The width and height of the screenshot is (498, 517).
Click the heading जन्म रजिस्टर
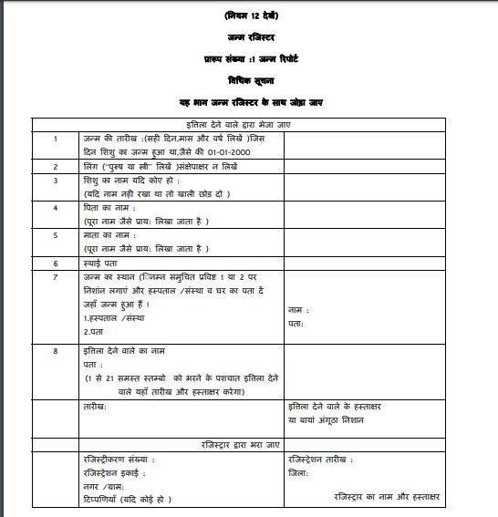pos(249,36)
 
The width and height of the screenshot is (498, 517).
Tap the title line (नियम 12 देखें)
pos(249,16)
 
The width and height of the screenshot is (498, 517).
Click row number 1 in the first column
pos(56,138)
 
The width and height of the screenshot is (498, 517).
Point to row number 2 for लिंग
pos(56,167)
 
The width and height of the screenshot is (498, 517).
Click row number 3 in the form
pos(56,181)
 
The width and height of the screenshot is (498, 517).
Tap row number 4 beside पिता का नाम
pos(56,208)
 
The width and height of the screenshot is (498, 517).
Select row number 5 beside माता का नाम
pos(56,234)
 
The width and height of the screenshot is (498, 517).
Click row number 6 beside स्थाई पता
pos(56,263)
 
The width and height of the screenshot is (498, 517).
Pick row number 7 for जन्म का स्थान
pos(56,275)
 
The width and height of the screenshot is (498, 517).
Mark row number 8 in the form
pos(56,349)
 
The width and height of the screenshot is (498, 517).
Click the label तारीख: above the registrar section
pos(94,406)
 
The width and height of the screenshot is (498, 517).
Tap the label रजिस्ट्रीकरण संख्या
pos(119,459)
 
